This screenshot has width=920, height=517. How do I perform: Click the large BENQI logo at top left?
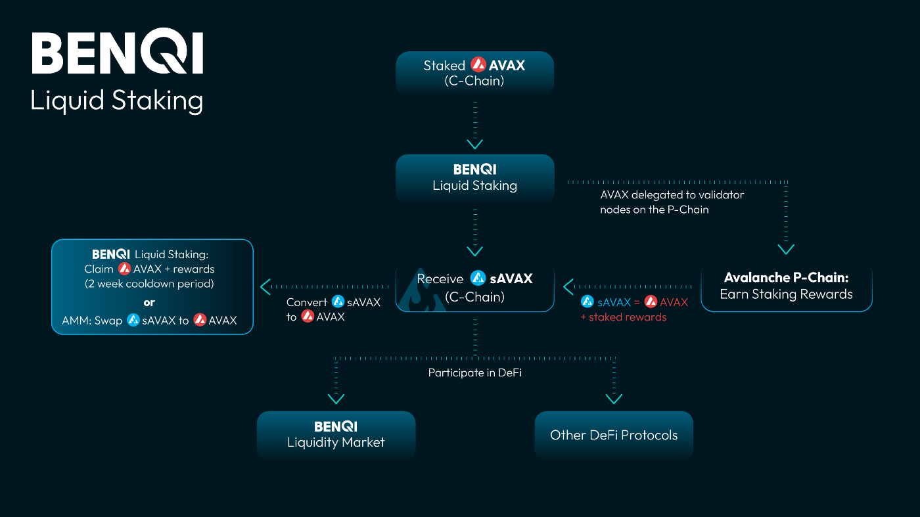118,51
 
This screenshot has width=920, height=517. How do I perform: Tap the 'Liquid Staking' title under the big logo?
117,101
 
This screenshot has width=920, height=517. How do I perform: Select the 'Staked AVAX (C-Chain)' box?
474,74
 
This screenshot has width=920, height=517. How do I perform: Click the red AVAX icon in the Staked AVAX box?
478,64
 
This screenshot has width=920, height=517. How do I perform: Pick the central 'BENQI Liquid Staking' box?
474,178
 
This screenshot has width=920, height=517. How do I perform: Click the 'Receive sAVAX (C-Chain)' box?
474,288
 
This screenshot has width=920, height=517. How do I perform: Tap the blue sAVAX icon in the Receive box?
478,278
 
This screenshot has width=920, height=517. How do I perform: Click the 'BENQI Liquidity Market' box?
336,434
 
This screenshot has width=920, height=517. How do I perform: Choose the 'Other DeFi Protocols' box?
614,434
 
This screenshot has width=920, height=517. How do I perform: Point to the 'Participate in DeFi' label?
474,372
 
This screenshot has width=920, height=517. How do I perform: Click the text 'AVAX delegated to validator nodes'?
672,202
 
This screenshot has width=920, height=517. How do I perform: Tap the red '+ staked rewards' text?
624,317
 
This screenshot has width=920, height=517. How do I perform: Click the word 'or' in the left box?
149,303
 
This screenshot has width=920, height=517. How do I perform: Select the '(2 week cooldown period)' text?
149,284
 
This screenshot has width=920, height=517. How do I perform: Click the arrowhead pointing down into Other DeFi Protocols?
614,399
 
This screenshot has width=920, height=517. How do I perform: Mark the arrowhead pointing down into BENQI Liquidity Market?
336,399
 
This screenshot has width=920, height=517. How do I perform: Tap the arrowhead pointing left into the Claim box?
265,287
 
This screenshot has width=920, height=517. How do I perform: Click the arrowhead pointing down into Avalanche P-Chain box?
786,249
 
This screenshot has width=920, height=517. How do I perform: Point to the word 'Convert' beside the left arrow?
306,302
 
